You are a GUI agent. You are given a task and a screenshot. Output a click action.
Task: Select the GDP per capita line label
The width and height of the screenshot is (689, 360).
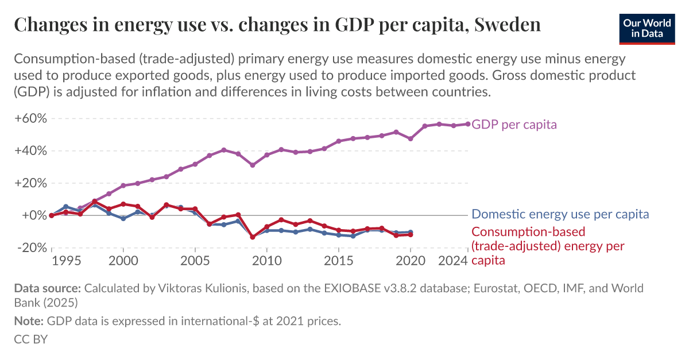tap(514, 125)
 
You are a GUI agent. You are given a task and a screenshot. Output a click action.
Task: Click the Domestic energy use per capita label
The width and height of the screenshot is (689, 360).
tap(560, 214)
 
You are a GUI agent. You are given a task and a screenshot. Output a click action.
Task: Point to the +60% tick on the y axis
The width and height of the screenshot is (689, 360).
tap(30, 119)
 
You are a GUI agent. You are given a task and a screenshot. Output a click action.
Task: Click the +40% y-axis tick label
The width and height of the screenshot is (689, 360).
tap(30, 151)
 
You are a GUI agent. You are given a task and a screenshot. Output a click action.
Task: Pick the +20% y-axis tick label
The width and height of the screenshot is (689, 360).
tap(30, 183)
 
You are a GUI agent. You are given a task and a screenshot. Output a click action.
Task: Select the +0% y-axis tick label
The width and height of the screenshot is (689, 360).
tap(33, 215)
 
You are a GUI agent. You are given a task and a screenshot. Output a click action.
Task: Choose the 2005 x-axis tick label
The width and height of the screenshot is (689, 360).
tap(195, 262)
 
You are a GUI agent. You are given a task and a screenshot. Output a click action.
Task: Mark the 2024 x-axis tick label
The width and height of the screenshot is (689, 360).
tap(454, 262)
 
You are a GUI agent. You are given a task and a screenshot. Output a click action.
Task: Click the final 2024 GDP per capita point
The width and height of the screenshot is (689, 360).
tap(468, 124)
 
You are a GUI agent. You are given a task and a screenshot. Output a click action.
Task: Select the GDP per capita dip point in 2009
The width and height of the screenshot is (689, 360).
tap(253, 165)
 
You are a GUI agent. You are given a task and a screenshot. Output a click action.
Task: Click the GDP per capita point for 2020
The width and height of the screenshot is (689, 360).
tap(411, 139)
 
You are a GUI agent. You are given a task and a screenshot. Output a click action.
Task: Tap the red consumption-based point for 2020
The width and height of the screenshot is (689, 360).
tap(411, 234)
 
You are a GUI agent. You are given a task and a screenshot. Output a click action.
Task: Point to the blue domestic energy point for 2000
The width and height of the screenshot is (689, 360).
tap(123, 219)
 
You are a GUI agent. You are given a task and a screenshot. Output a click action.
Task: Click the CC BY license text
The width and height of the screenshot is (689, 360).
tap(30, 339)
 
